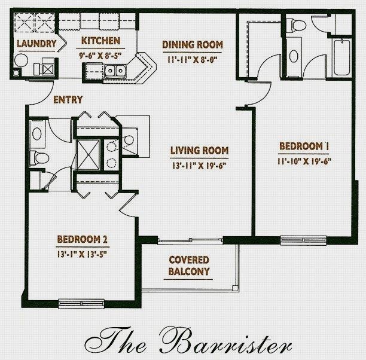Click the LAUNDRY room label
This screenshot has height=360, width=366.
[36, 44]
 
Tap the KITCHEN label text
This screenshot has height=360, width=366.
[100, 41]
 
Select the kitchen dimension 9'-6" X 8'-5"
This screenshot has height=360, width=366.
[100, 56]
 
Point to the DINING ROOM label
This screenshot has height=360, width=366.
[193, 45]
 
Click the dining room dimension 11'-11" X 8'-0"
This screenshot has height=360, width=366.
[193, 60]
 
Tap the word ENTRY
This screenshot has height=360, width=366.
[68, 100]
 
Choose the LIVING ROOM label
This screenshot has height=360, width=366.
[199, 150]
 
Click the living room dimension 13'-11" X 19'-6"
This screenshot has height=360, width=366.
[199, 166]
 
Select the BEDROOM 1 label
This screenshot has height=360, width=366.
[304, 146]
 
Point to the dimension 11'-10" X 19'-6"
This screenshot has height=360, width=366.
[304, 161]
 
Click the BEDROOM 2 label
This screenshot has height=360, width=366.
[83, 239]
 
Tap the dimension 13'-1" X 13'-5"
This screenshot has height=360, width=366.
[82, 254]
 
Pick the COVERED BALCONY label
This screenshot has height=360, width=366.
[189, 266]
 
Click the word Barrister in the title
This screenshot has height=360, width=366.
[226, 340]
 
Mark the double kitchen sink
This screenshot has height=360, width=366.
[115, 71]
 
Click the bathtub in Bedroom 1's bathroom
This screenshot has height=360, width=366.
[342, 57]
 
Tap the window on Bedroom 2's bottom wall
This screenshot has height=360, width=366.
[81, 304]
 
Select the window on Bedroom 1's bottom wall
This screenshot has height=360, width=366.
[303, 240]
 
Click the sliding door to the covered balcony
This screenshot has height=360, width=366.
[190, 240]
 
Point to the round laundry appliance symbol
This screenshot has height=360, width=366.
[22, 60]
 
